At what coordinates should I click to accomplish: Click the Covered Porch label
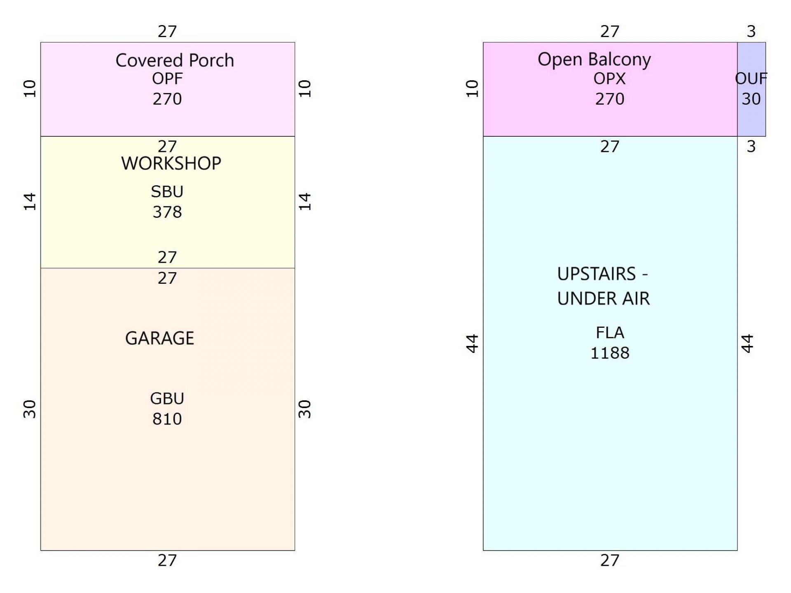(x=175, y=61)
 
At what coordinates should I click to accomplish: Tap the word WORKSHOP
(x=171, y=163)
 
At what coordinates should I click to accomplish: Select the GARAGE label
(x=159, y=338)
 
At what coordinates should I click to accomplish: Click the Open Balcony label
(x=594, y=60)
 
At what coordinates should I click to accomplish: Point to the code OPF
(x=167, y=78)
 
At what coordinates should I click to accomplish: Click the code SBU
(x=167, y=191)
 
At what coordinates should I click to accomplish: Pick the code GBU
(x=167, y=398)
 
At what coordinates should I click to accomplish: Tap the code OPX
(x=609, y=78)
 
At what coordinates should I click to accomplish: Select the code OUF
(x=751, y=78)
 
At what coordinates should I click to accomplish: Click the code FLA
(x=610, y=332)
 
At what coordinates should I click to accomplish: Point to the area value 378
(x=167, y=212)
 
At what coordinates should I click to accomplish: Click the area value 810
(x=167, y=419)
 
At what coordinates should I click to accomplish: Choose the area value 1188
(x=610, y=353)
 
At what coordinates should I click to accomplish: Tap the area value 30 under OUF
(x=751, y=99)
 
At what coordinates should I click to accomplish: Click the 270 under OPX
(x=609, y=99)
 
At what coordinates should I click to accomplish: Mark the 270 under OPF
(x=167, y=99)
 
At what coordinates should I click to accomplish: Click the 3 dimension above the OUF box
(x=751, y=31)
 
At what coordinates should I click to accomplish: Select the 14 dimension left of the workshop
(x=30, y=202)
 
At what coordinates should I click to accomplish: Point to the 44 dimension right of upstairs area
(x=747, y=343)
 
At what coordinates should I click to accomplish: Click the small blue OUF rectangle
(x=751, y=89)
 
